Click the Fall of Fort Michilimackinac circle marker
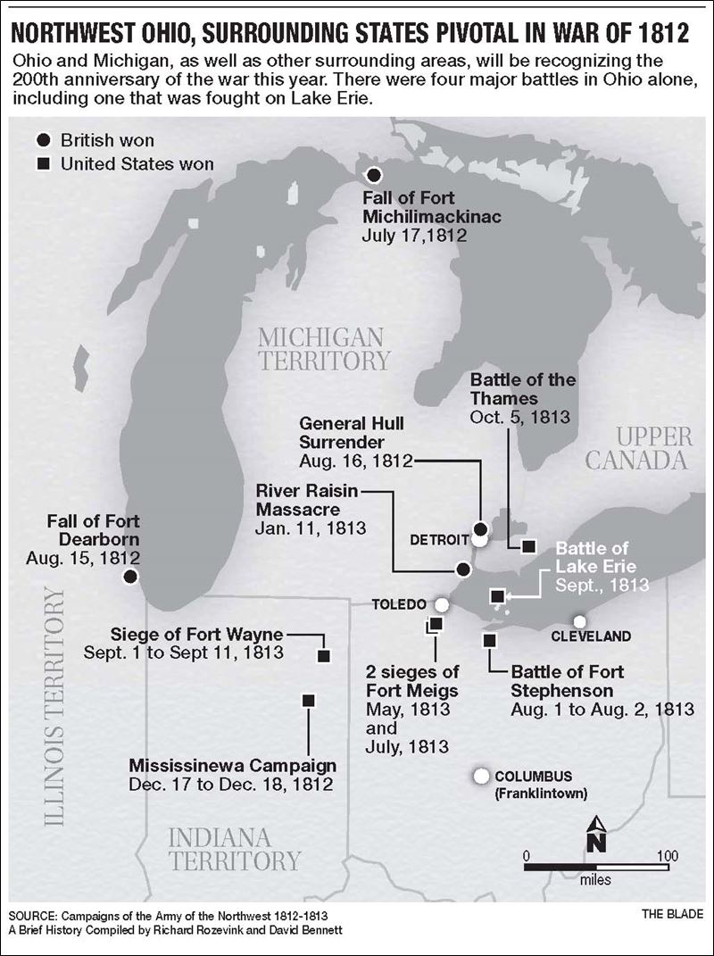(x=374, y=175)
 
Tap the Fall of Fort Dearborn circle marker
(x=130, y=577)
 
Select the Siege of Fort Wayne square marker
(x=324, y=655)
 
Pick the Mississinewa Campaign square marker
(x=308, y=701)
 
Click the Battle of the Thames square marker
(x=528, y=546)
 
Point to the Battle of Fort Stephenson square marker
(x=489, y=639)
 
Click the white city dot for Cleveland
(x=579, y=621)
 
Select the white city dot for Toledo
(x=441, y=604)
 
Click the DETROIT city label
(x=439, y=540)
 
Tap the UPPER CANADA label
(x=653, y=448)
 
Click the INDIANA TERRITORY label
(x=234, y=849)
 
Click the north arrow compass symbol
(x=598, y=835)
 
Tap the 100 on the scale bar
(x=667, y=855)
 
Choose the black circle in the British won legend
(x=43, y=140)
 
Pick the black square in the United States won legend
(x=43, y=164)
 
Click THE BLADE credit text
(x=672, y=915)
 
